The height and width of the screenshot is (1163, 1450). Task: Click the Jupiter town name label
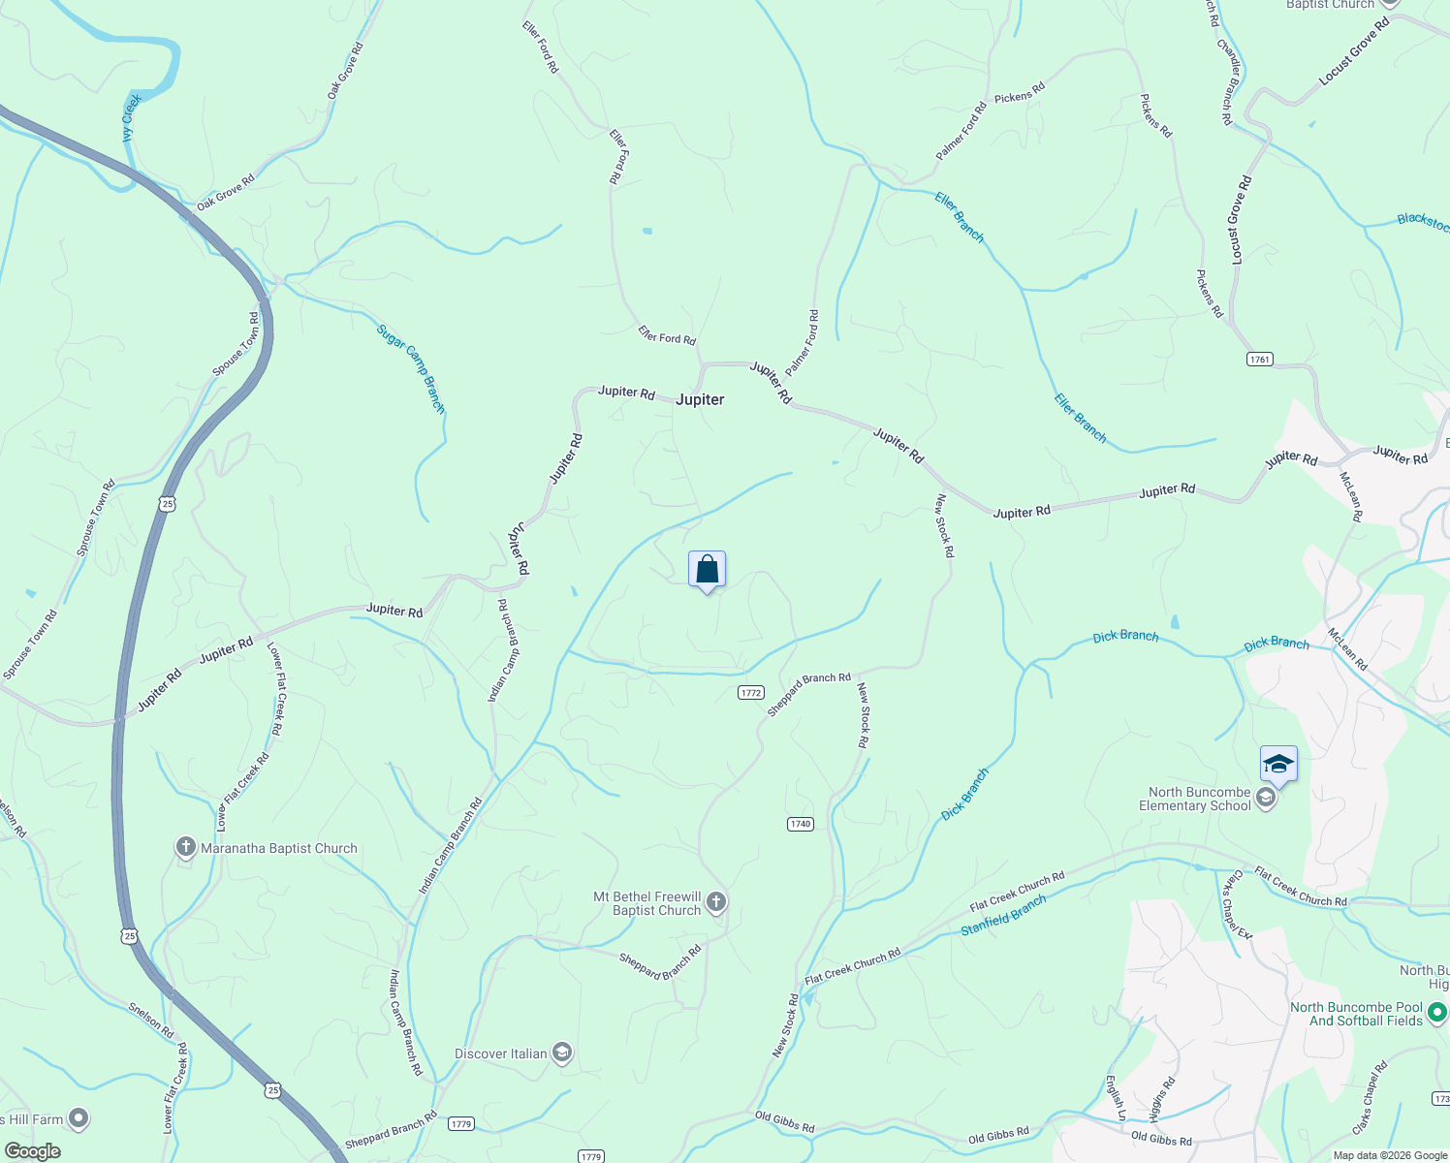pos(700,399)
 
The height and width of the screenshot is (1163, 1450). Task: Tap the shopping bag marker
pos(707,569)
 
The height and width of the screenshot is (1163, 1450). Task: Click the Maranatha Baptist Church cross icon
pos(185,848)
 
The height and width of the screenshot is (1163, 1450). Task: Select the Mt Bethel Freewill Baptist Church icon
pos(715,903)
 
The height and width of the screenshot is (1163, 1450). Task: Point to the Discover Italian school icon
pos(562,1053)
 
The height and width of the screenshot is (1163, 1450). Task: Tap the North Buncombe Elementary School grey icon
pos(1265,799)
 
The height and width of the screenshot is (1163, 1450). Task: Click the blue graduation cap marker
pos(1278,764)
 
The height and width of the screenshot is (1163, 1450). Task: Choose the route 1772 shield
pos(751,692)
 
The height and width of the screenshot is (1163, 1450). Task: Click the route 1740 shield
pos(800,824)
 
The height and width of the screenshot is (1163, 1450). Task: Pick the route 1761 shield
pos(1259,359)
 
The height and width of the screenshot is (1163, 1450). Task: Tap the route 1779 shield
pos(460,1124)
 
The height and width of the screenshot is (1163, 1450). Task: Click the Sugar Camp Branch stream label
pos(411,369)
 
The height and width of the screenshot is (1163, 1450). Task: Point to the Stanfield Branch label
pos(1003,915)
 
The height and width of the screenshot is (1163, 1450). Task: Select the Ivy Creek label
pos(132,117)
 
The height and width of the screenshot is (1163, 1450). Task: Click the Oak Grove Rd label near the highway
pos(225,193)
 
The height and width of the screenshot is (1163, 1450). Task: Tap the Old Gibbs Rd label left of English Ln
pos(998,1134)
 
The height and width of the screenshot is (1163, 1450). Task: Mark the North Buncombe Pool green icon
pos(1437,1014)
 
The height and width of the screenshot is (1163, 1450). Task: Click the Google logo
pos(32,1151)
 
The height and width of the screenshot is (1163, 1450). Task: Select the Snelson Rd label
pos(151,1021)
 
